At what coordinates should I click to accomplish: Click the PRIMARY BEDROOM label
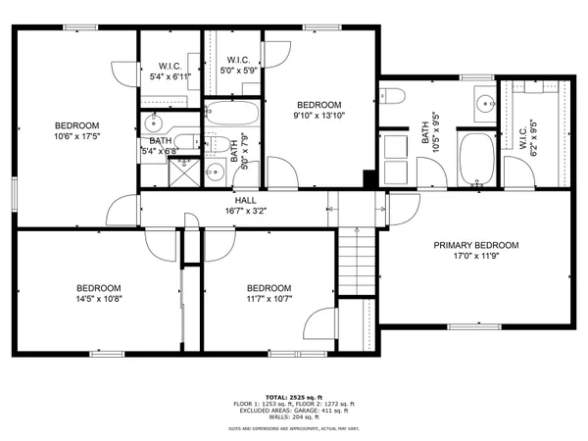point(476,245)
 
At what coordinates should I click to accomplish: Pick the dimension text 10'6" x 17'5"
point(76,138)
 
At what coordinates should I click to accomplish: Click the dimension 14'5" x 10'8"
point(99,298)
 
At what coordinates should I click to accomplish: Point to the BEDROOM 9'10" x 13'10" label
point(319,106)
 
